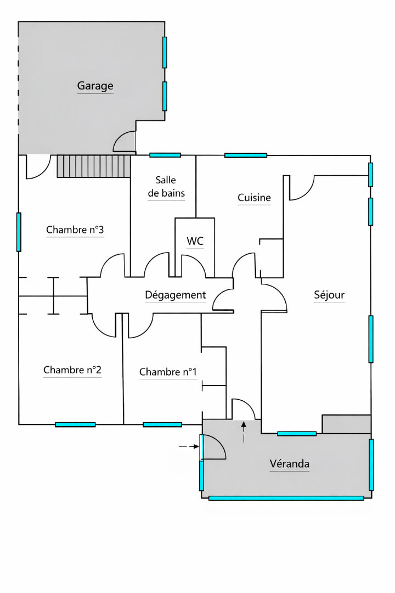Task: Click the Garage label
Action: click(x=95, y=86)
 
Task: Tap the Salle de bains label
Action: click(x=166, y=187)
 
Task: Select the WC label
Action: click(x=195, y=241)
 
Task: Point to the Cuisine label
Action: click(x=254, y=198)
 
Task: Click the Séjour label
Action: click(x=329, y=295)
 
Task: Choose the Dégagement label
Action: click(x=176, y=295)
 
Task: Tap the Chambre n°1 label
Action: click(x=168, y=372)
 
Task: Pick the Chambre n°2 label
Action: click(x=72, y=370)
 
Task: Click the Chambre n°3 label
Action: click(x=75, y=230)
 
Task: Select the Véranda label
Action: click(x=290, y=463)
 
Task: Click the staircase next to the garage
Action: click(x=94, y=166)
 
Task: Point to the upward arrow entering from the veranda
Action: click(x=244, y=432)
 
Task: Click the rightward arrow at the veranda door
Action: click(x=189, y=446)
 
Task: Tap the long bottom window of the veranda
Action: click(x=286, y=499)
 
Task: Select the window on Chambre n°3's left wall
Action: click(x=19, y=232)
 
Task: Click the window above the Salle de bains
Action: click(x=165, y=155)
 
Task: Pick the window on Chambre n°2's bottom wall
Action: click(x=75, y=424)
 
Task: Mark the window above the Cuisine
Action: click(x=246, y=155)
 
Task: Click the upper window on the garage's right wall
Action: click(x=165, y=52)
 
